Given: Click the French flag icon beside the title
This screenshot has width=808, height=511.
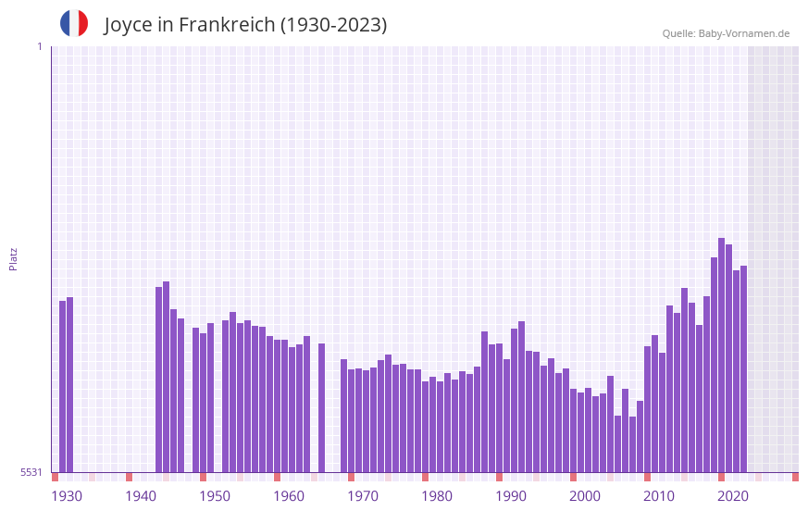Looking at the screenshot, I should pos(74,23).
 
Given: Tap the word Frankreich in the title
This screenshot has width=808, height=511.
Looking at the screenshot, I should pos(227,25).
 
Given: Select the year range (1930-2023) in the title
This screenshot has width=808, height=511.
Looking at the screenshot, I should pos(334,25).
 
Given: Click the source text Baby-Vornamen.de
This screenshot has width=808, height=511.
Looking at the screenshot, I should pos(744,33).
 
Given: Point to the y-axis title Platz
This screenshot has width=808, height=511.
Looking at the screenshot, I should pos(13,258).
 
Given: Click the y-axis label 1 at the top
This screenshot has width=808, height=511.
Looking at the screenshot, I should pos(39,46).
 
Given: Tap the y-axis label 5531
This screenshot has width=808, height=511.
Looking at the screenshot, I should pos(31,472).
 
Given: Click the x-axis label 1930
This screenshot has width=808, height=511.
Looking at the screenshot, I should pos(67,496).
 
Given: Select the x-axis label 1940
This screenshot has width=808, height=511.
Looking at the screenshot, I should pos(141,496).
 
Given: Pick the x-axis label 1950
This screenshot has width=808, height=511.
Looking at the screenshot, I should pos(215,496).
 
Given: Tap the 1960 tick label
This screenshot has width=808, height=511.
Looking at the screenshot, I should pos(289,496).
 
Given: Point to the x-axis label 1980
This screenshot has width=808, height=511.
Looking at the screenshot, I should pos(437,496).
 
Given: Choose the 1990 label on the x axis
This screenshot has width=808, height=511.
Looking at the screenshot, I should pos(511,496).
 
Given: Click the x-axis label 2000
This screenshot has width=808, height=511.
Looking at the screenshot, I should pos(585,496).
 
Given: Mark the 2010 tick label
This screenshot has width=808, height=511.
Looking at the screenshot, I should pos(659,496).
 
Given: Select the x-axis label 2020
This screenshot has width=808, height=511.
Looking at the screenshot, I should pos(733,496).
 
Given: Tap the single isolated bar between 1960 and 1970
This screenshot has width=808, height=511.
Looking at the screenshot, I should pos(321,407).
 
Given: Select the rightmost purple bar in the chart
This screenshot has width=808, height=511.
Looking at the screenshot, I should pos(743,370).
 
